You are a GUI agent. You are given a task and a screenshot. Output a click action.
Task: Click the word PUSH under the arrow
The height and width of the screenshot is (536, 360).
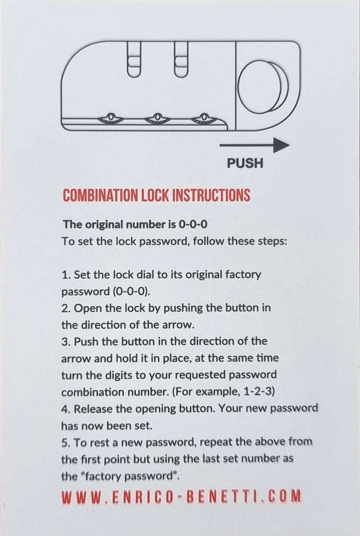click(245, 163)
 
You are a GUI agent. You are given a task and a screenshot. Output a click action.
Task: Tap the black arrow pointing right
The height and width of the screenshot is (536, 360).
click(254, 145)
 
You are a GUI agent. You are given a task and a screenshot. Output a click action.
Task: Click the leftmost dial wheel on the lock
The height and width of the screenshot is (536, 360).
click(111, 118)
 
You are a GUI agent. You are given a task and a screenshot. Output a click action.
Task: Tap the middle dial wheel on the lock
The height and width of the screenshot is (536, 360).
click(157, 118)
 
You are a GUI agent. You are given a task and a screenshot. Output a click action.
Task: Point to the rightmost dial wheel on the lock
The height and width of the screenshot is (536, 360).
click(204, 118)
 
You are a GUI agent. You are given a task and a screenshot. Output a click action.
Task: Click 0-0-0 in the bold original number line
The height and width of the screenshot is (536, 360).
click(193, 225)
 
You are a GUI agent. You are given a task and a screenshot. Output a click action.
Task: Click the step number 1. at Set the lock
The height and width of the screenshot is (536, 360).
click(66, 275)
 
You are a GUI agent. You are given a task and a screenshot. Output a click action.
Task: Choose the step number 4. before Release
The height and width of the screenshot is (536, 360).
click(66, 409)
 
